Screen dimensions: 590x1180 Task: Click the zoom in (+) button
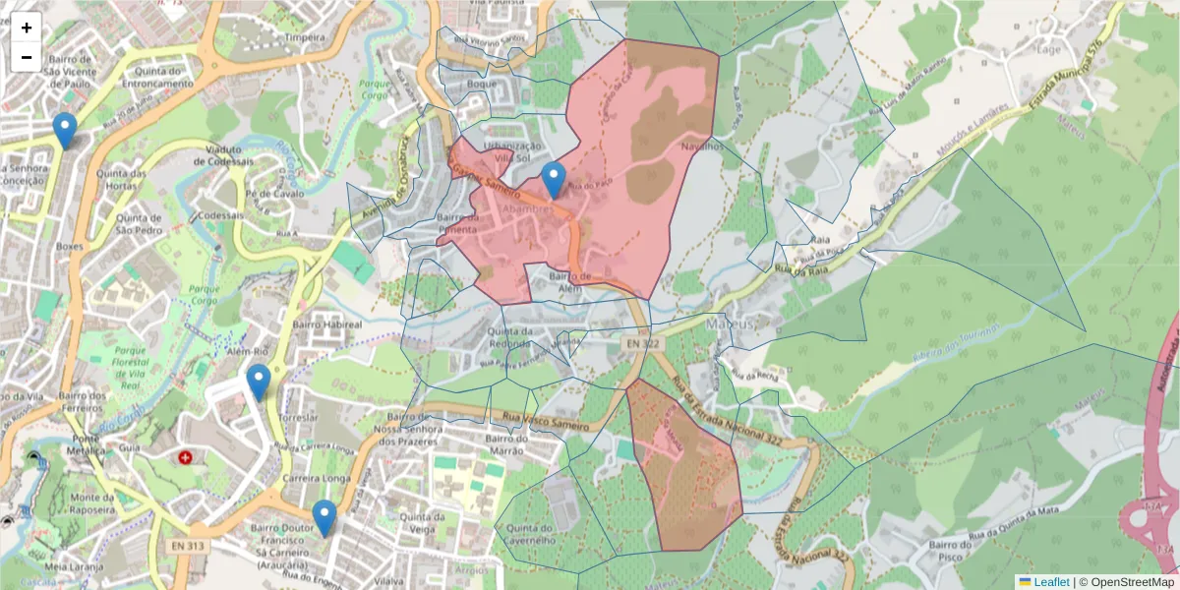(27, 28)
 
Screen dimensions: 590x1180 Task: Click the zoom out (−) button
(27, 57)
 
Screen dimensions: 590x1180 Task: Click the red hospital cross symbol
(186, 457)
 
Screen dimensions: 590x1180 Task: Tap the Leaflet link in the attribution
(1050, 582)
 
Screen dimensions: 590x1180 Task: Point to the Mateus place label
(730, 323)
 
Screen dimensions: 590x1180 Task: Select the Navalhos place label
(704, 147)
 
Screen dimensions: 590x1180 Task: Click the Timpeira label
(304, 37)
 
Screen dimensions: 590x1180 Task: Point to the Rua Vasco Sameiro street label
(547, 423)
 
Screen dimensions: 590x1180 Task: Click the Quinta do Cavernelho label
(532, 532)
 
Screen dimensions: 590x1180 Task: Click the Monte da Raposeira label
(91, 504)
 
